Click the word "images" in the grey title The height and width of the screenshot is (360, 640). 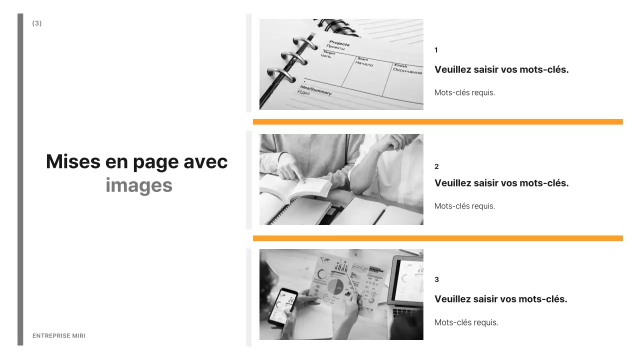[x=139, y=185]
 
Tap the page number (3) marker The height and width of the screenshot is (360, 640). [x=37, y=23]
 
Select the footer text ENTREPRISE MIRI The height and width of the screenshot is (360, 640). [x=59, y=336]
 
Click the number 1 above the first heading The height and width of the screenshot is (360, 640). [x=436, y=50]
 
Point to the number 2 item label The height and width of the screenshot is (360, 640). [x=436, y=166]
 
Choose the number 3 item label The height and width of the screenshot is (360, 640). [x=436, y=279]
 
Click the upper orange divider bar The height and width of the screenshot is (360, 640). [x=437, y=121]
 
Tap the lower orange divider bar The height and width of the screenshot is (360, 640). [x=437, y=238]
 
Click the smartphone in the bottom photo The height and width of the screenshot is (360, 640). [x=283, y=306]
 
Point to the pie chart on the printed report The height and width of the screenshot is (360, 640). [x=335, y=287]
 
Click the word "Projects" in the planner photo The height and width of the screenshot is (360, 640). [x=339, y=43]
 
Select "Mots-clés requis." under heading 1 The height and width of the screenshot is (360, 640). [x=464, y=92]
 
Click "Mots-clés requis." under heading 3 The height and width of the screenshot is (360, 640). [x=466, y=322]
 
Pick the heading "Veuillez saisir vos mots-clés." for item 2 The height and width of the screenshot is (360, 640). [x=501, y=183]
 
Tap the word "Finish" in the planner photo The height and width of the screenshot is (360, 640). [x=400, y=65]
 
